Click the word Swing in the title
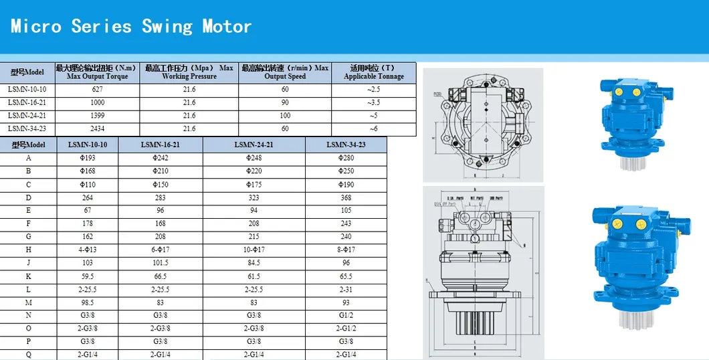click(x=167, y=26)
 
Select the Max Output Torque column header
click(x=97, y=72)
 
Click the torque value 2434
click(x=97, y=128)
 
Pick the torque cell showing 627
click(x=97, y=90)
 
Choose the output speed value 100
click(x=285, y=116)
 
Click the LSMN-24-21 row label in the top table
click(x=27, y=116)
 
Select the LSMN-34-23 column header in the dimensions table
click(x=346, y=145)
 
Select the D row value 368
click(x=346, y=197)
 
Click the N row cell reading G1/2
click(x=346, y=315)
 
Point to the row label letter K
click(x=28, y=276)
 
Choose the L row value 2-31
click(x=346, y=289)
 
